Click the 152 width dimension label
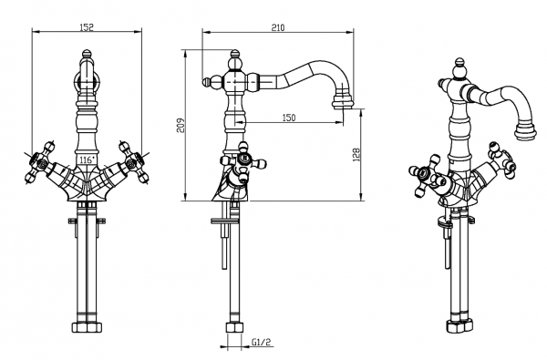[x=87, y=26]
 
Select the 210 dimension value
[x=278, y=27]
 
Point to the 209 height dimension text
[x=181, y=126]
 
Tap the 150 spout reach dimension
[x=288, y=118]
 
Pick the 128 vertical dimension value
[x=356, y=155]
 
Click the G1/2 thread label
[x=261, y=342]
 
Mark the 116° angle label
[x=88, y=160]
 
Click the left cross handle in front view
[x=39, y=162]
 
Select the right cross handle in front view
[x=134, y=162]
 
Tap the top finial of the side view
[x=235, y=55]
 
